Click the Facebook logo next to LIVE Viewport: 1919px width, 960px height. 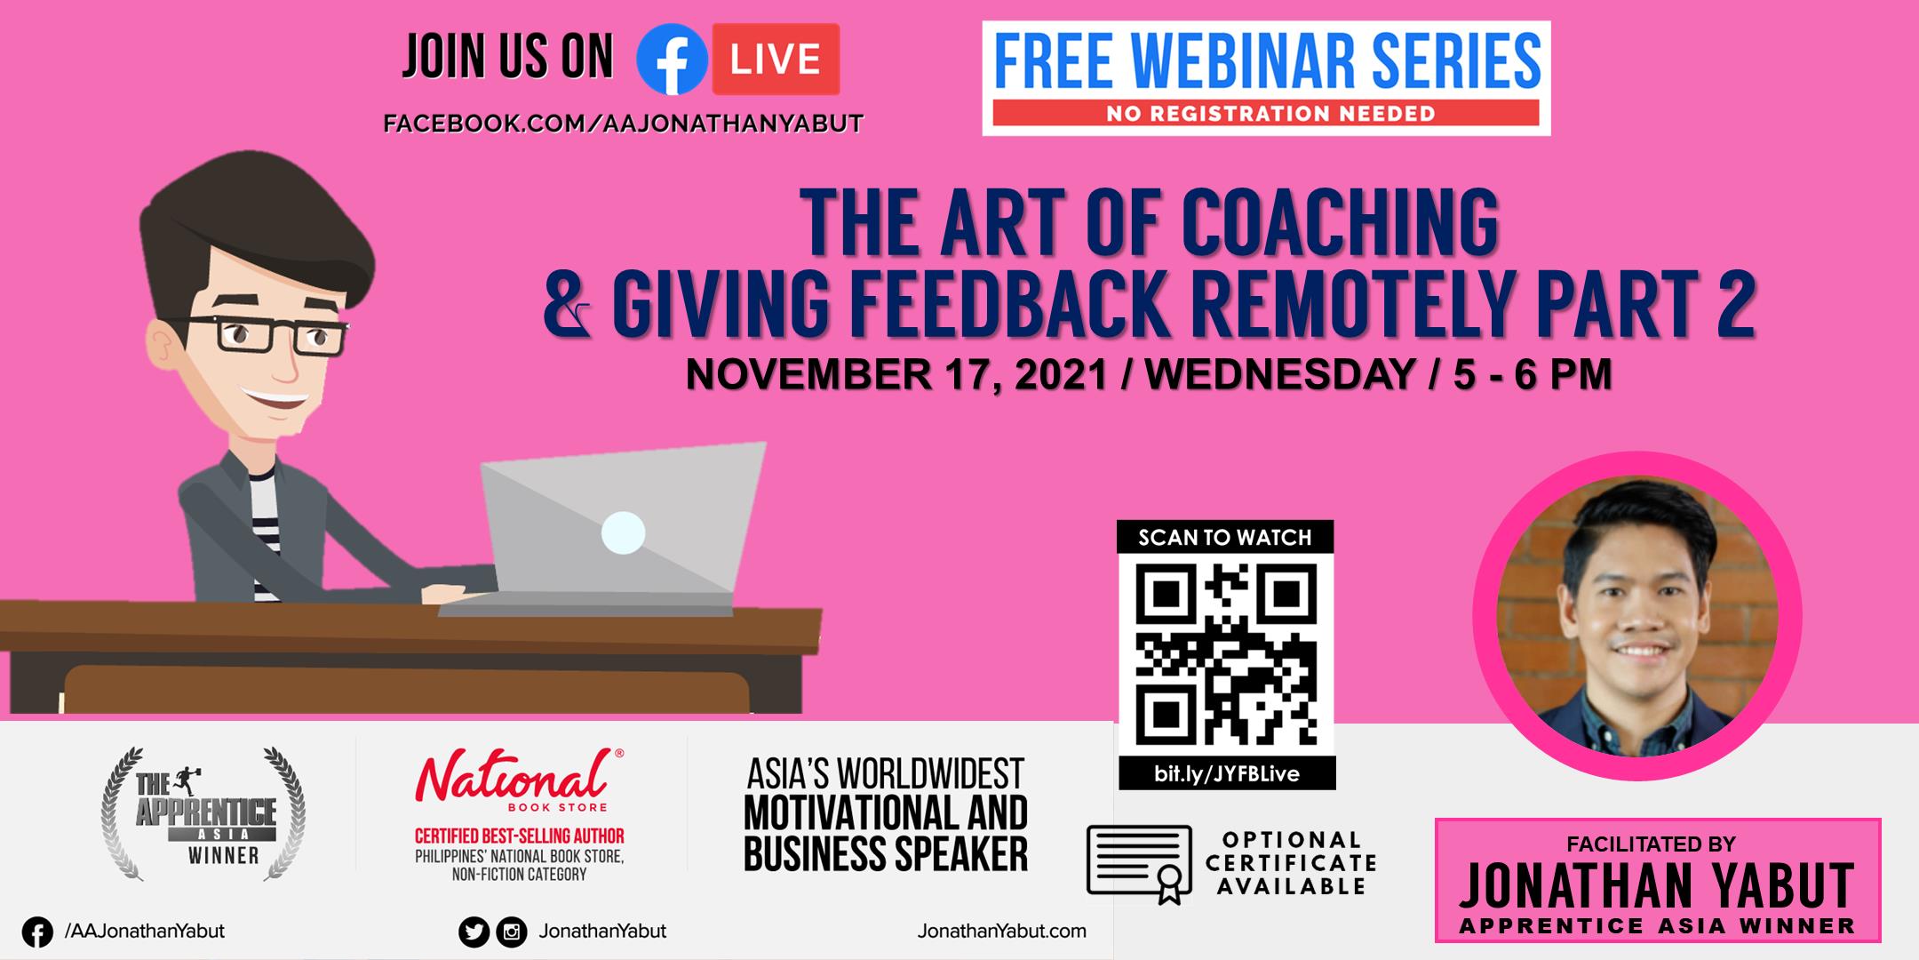[x=673, y=59]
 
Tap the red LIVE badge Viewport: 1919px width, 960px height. [x=776, y=59]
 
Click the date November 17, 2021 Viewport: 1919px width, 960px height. [x=896, y=375]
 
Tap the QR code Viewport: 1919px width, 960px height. [x=1225, y=654]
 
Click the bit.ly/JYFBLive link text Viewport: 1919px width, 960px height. [x=1226, y=773]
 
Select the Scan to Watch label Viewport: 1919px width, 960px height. [x=1225, y=537]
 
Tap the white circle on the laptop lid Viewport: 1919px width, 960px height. [x=623, y=533]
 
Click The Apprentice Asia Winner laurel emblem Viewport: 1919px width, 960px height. [x=203, y=813]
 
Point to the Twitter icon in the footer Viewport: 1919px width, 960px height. [x=474, y=932]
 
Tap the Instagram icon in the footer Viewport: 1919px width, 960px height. [x=511, y=932]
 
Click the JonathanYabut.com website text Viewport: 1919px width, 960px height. [x=1002, y=931]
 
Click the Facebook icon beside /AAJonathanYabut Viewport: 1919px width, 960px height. [x=37, y=932]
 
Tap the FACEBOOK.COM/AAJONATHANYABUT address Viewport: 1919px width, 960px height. [x=623, y=124]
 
